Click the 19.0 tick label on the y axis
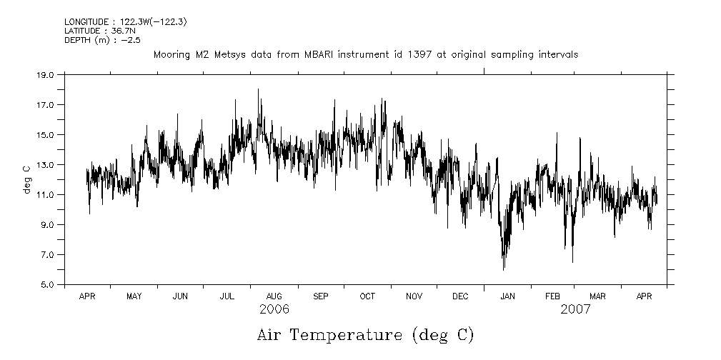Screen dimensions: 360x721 coord(45,74)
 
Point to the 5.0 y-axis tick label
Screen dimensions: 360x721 coord(46,284)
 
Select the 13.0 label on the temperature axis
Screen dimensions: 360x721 coord(45,164)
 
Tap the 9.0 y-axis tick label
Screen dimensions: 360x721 coord(46,224)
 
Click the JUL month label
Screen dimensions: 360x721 coord(227,296)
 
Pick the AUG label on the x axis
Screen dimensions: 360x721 coord(274,296)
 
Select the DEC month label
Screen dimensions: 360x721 coord(460,296)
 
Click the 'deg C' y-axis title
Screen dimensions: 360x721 coord(26,179)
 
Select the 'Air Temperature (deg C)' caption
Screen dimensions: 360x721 coord(365,334)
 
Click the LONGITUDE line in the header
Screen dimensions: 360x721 coord(125,23)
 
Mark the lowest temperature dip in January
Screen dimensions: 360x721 coord(504,269)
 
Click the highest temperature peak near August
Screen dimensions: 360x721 coord(258,89)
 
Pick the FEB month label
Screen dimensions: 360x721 coord(552,296)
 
